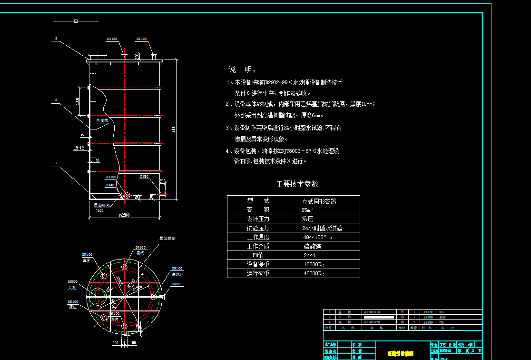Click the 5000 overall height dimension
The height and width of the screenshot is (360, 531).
174,129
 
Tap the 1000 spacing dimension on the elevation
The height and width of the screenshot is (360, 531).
77,101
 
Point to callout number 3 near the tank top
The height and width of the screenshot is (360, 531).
56,39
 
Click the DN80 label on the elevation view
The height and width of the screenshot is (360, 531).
144,177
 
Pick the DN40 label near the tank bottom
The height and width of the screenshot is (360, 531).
110,184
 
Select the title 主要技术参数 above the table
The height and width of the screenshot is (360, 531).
297,184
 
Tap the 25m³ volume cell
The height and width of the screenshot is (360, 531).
308,210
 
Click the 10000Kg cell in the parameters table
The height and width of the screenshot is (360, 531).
314,264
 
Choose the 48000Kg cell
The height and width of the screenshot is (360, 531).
314,274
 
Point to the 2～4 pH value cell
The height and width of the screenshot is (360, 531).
310,255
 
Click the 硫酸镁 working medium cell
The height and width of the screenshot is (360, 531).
313,246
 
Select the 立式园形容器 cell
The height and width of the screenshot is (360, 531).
319,201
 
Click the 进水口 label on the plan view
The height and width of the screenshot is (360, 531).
178,274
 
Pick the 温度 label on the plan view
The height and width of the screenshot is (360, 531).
86,260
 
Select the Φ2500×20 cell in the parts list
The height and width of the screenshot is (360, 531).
375,322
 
